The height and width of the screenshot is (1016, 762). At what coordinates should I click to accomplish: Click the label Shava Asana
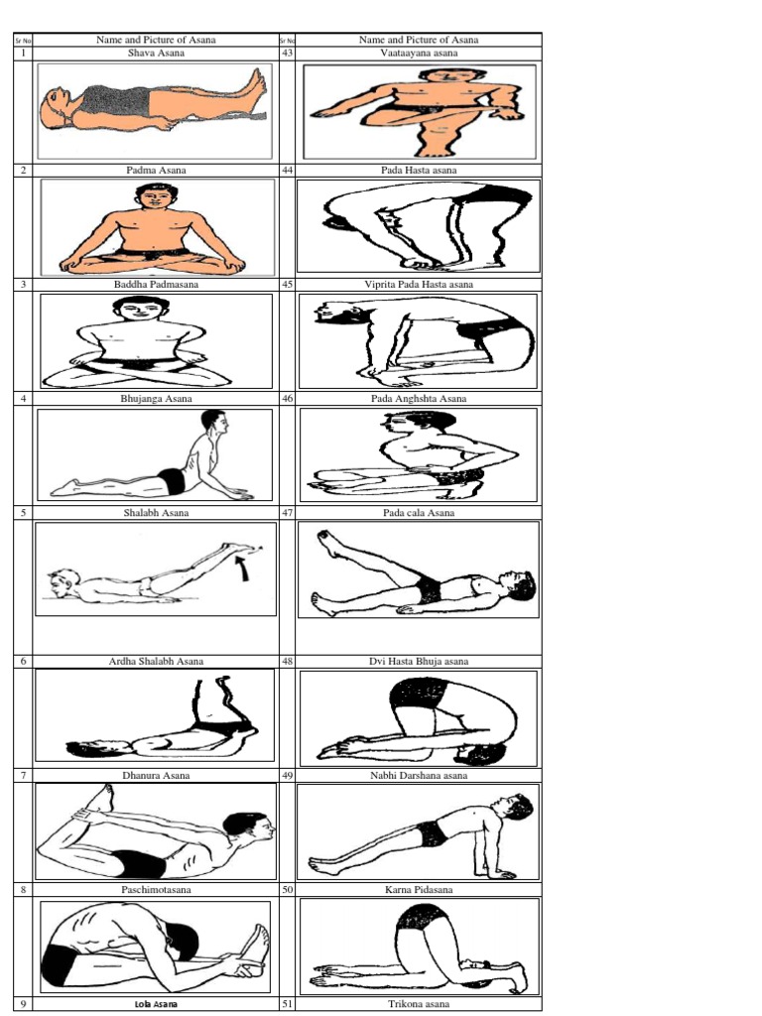coord(156,53)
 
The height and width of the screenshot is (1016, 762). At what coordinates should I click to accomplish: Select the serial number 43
coord(287,53)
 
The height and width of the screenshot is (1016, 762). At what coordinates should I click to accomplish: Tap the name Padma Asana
coord(156,170)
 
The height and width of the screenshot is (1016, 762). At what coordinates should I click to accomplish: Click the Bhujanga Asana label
coord(156,398)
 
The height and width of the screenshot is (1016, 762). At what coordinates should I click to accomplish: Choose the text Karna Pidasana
coord(418,890)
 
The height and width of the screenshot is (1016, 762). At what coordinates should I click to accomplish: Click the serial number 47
coord(287,513)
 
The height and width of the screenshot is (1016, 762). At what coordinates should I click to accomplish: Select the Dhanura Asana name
coord(156,775)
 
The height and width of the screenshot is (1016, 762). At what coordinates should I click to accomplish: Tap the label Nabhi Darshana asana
coord(418,775)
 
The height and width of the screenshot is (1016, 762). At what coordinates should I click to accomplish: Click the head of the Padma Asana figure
coord(155,196)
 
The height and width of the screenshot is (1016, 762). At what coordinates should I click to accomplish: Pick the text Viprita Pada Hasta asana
coord(418,284)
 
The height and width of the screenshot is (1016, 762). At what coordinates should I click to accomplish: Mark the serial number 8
coord(22,890)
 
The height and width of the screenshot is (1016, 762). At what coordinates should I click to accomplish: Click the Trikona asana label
coord(418,1004)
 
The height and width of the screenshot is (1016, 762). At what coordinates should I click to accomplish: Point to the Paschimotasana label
coord(156,890)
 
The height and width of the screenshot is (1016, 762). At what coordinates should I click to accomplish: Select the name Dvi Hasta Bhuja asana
coord(418,661)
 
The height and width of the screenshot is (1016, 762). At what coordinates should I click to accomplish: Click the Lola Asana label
coord(156,1004)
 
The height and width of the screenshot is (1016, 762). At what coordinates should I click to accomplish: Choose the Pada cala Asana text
coord(418,513)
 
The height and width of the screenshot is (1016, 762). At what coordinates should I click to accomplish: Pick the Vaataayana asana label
coord(418,53)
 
